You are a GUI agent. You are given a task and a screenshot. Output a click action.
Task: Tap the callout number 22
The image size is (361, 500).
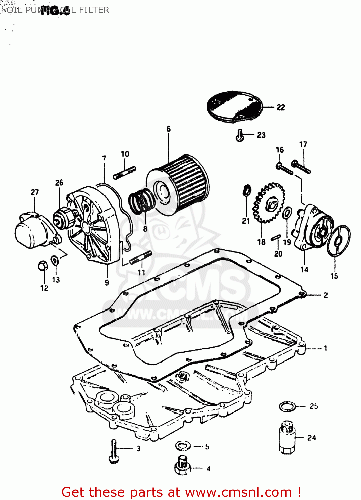point(281,107)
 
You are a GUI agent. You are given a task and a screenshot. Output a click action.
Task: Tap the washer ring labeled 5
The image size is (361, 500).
point(183,445)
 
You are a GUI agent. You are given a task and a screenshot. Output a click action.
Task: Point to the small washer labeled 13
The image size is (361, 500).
point(55,260)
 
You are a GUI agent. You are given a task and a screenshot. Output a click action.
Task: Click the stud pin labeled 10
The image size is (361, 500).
point(125,173)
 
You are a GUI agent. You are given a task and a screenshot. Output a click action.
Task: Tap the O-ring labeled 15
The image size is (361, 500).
point(339,241)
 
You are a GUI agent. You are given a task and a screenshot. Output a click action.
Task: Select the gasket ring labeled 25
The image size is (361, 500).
point(287,406)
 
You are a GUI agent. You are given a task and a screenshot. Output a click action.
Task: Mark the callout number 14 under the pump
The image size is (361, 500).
point(304,269)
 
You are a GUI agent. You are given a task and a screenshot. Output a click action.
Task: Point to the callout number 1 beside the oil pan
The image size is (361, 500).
point(325,348)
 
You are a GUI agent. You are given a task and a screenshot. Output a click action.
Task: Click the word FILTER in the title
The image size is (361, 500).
point(94,10)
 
